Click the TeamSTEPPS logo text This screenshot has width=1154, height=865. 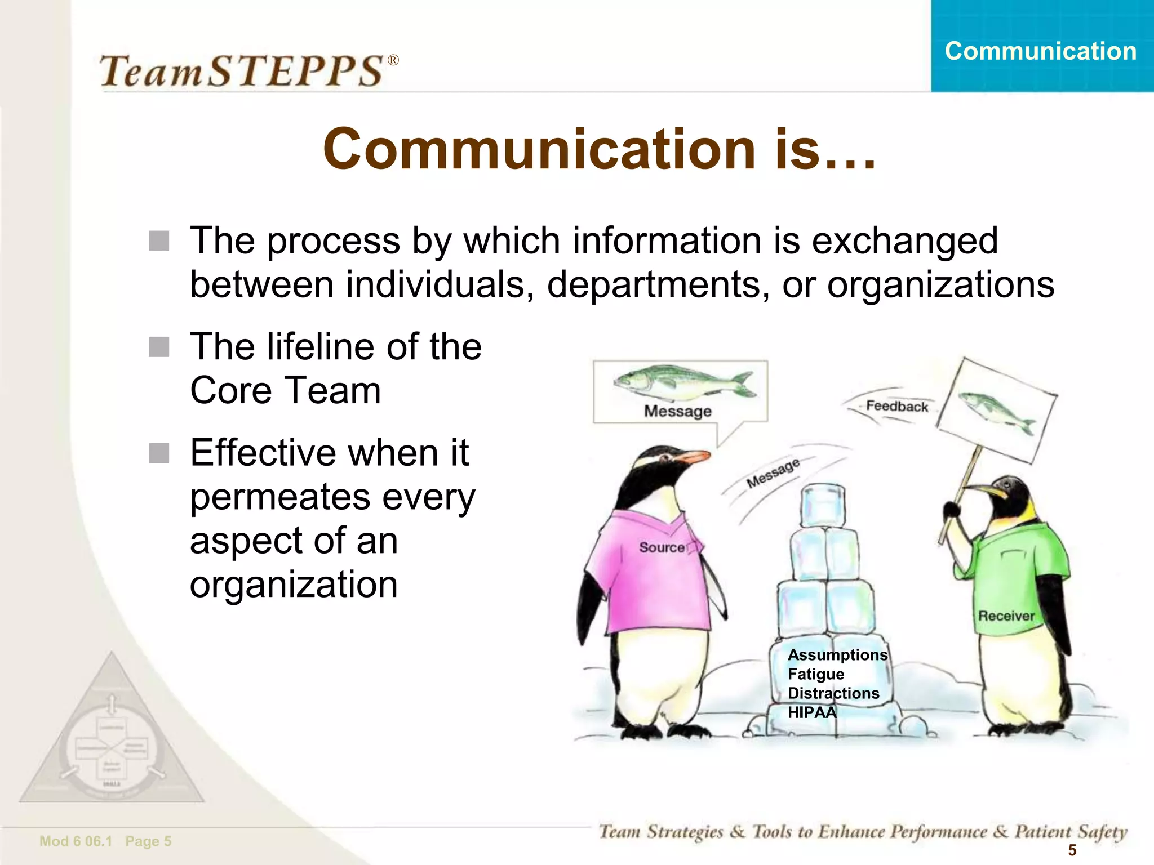248,71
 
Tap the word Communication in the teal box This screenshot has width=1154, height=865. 1040,51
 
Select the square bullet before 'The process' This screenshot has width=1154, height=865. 159,241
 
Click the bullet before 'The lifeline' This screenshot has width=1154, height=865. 159,347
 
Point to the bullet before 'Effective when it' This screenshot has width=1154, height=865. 159,453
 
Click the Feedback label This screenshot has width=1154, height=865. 896,406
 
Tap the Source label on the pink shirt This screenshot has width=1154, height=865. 662,547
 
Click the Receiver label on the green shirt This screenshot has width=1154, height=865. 1006,616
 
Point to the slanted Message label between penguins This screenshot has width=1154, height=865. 773,473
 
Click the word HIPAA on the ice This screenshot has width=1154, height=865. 811,712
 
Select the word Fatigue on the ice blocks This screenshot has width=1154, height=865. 815,674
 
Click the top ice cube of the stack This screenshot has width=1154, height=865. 823,505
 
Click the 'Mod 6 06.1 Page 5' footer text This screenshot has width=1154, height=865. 105,841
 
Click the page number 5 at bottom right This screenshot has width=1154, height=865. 1072,850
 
